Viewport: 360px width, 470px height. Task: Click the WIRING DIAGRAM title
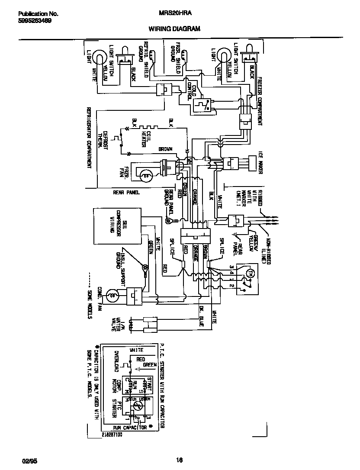click(174, 29)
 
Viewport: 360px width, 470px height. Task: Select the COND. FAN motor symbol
click(112, 296)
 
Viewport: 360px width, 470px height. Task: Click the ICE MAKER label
click(260, 163)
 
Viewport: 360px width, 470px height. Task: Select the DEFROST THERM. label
click(103, 140)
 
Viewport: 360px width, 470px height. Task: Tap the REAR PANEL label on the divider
click(126, 193)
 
